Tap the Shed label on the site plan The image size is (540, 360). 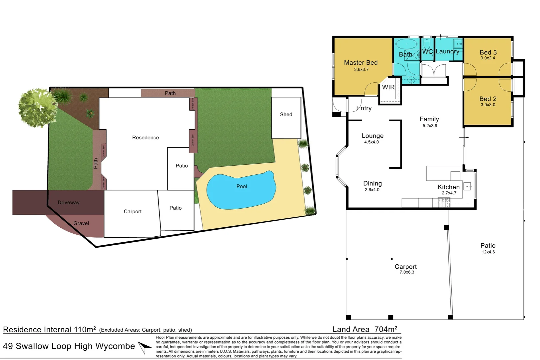click(x=286, y=114)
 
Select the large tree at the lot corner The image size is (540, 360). click(x=37, y=108)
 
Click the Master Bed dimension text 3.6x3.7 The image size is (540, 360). click(x=361, y=70)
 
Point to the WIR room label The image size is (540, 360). click(x=388, y=87)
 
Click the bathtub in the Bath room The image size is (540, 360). click(x=406, y=44)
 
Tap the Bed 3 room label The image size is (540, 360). click(x=488, y=52)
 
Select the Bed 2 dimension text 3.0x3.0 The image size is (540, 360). click(x=488, y=105)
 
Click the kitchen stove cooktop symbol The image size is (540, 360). click(x=443, y=202)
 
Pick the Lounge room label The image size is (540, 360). click(x=372, y=136)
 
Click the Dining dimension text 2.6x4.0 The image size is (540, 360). click(x=372, y=190)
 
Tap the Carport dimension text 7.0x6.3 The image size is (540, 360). click(x=407, y=272)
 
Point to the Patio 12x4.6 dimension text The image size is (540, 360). click(x=488, y=252)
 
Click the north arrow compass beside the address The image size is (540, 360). click(x=145, y=347)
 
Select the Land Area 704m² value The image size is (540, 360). click(x=385, y=329)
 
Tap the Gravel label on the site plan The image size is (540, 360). click(x=81, y=223)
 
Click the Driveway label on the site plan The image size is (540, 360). click(x=68, y=202)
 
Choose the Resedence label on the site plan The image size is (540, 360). click(x=145, y=138)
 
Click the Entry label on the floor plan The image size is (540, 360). click(x=364, y=108)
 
